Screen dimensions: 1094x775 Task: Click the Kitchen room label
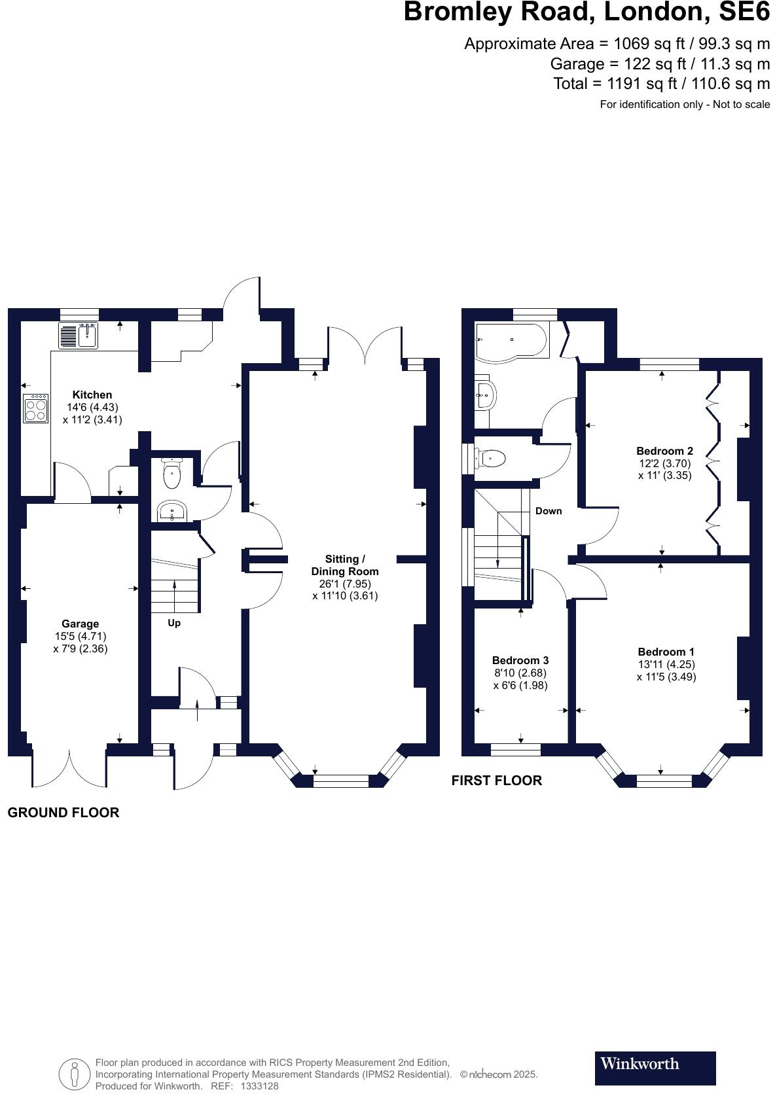(x=92, y=395)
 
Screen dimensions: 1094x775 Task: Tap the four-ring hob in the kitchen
(x=36, y=408)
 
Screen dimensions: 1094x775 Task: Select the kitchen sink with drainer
(x=79, y=335)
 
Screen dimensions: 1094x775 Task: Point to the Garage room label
(x=81, y=624)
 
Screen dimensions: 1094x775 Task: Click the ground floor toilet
(x=171, y=474)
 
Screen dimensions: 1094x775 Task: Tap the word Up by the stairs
(x=174, y=623)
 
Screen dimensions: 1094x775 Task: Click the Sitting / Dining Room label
(x=345, y=565)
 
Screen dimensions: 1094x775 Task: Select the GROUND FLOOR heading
(x=63, y=813)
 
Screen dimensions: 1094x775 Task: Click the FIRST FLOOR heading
(x=497, y=781)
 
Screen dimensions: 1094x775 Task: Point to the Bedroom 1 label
(x=666, y=652)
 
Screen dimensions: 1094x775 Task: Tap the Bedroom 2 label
(x=664, y=451)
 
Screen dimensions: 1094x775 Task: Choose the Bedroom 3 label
(x=520, y=660)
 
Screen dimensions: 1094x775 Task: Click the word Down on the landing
(x=549, y=511)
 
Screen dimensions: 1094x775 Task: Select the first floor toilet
(x=492, y=458)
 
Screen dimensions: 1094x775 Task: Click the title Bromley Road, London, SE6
(x=586, y=12)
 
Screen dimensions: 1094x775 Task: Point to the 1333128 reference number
(x=260, y=1086)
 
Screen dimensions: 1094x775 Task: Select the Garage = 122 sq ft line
(x=660, y=64)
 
